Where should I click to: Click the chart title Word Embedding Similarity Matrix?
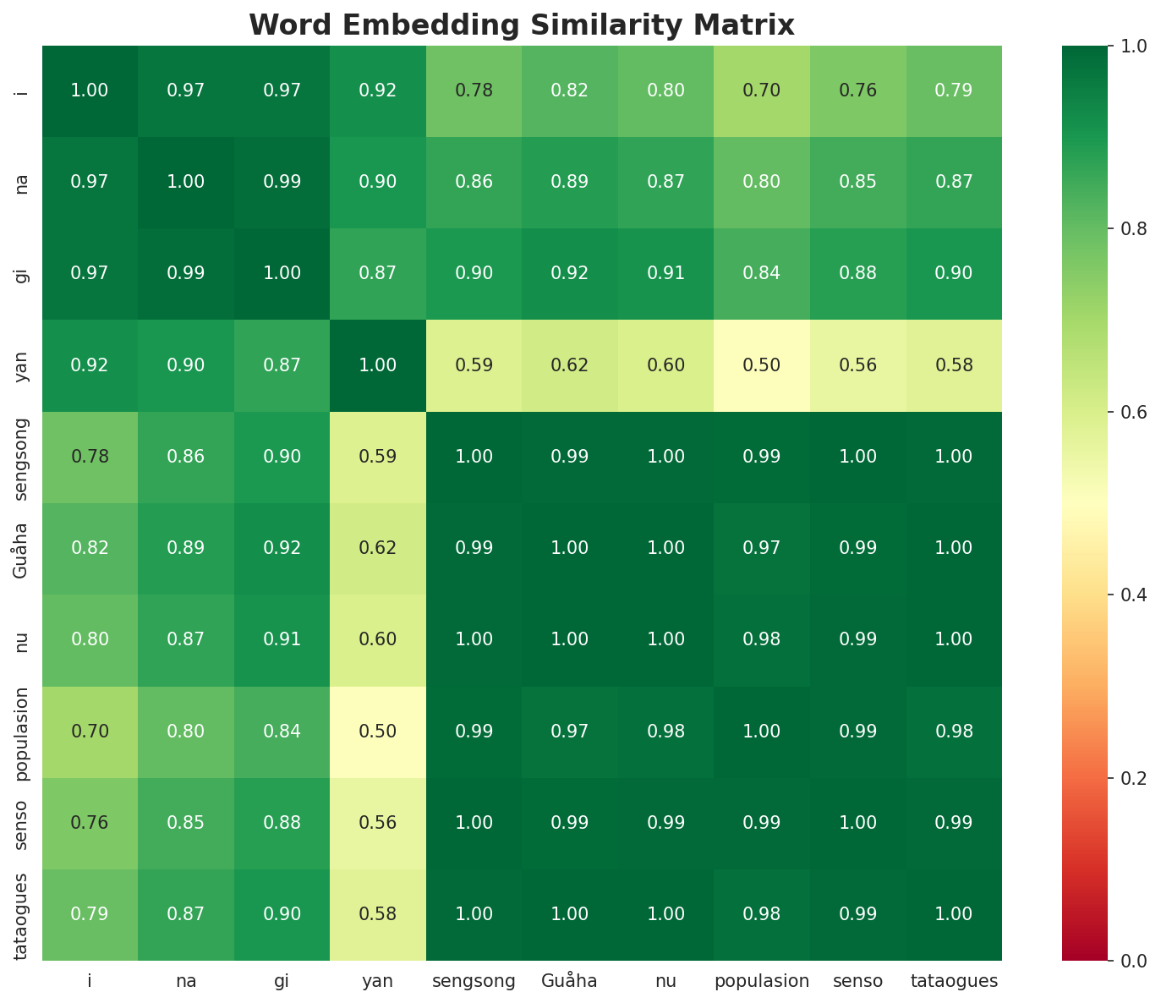(522, 25)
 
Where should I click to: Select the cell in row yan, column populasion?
(762, 365)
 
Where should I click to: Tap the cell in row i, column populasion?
(762, 90)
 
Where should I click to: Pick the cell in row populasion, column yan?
(378, 732)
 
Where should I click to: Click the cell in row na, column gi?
(282, 182)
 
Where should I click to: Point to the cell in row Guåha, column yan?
(378, 548)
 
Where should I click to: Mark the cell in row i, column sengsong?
(474, 90)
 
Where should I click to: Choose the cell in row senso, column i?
(90, 823)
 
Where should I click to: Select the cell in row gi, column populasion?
(762, 273)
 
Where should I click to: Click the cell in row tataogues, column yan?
(378, 914)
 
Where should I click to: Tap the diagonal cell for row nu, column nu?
(665, 639)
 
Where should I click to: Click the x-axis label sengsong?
(474, 982)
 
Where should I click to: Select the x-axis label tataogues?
(954, 982)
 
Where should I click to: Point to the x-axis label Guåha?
(570, 982)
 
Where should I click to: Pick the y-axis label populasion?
(22, 732)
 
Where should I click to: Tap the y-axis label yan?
(22, 365)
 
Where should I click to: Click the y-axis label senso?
(22, 823)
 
